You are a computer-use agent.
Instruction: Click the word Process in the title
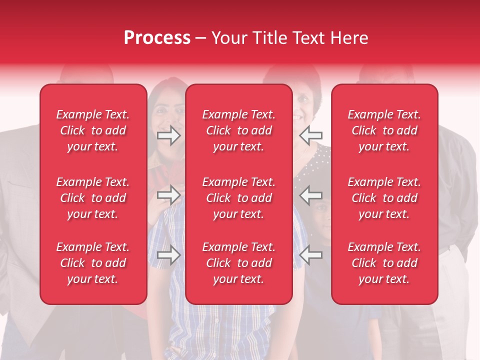(157, 38)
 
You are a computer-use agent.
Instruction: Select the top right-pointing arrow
(169, 135)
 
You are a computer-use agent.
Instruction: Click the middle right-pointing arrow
(169, 195)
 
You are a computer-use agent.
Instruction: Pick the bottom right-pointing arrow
(169, 255)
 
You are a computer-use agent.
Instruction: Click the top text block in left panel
(93, 130)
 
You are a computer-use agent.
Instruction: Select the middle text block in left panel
(93, 198)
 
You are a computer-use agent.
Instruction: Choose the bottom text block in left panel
(93, 263)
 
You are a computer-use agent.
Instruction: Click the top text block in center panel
(239, 130)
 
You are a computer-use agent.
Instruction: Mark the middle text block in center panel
(239, 198)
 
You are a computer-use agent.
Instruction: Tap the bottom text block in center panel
(239, 263)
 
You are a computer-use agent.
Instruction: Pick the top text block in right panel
(384, 130)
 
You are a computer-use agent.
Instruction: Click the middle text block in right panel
(384, 198)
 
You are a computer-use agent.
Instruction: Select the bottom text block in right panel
(384, 263)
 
